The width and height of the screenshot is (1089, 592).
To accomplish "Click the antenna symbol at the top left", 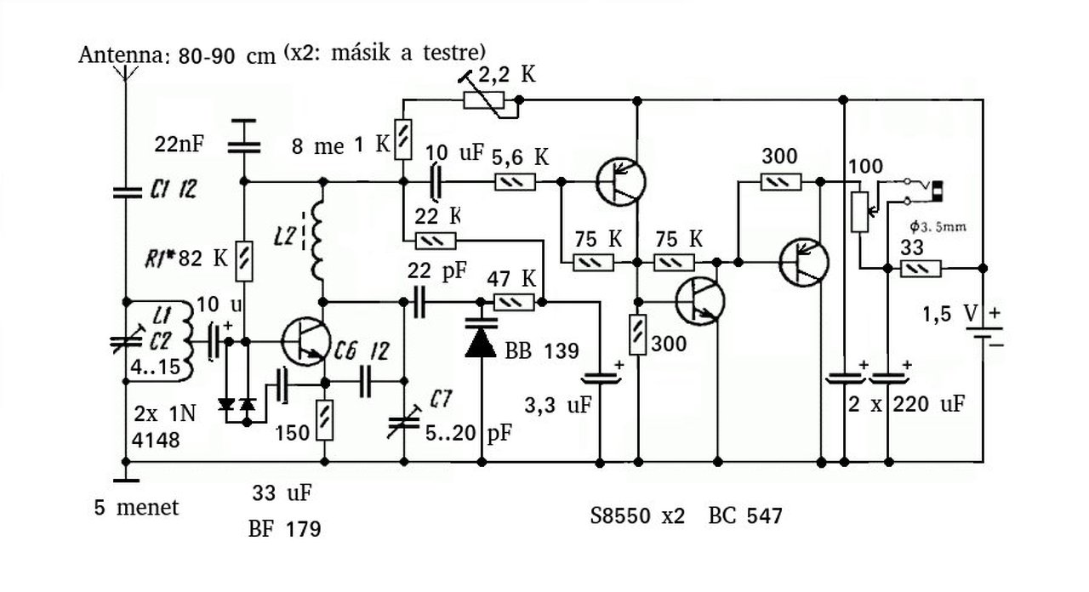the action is pyautogui.click(x=125, y=73).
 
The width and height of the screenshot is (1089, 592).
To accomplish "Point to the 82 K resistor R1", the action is pyautogui.click(x=244, y=261).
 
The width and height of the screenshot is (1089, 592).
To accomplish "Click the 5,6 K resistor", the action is pyautogui.click(x=516, y=182).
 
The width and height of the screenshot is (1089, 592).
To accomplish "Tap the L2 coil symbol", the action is pyautogui.click(x=316, y=242).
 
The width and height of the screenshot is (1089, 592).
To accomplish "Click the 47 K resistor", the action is pyautogui.click(x=514, y=302).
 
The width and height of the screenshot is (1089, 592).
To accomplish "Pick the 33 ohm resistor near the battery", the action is pyautogui.click(x=921, y=268).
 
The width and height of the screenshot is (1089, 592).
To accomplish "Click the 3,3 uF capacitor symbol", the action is pyautogui.click(x=601, y=379).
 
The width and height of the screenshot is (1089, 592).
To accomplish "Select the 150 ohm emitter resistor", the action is pyautogui.click(x=325, y=420).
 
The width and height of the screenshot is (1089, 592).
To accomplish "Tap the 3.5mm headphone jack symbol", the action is pyautogui.click(x=923, y=191).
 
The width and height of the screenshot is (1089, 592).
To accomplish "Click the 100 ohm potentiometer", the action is pyautogui.click(x=859, y=212).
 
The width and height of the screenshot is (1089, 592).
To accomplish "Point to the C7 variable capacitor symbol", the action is pyautogui.click(x=404, y=422).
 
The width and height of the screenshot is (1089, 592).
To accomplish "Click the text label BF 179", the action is pyautogui.click(x=285, y=529).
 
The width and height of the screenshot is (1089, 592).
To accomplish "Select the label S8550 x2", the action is pyautogui.click(x=637, y=515).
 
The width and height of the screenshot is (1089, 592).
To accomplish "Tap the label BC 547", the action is pyautogui.click(x=745, y=515).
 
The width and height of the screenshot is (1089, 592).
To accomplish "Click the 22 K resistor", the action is pyautogui.click(x=436, y=241).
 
